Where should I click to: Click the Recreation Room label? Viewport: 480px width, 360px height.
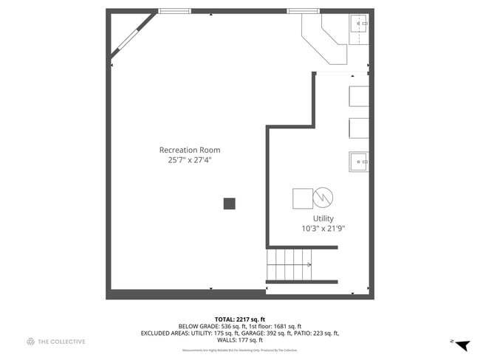(190, 150)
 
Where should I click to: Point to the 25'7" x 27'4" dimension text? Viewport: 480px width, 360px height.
(190, 160)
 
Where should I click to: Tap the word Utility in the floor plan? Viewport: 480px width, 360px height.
(323, 218)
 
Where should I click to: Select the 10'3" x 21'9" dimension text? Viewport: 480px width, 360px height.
(323, 229)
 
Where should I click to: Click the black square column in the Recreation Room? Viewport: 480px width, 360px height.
(230, 204)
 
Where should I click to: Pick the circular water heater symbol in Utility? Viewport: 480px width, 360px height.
(323, 198)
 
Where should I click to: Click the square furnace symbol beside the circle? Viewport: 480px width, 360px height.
(303, 198)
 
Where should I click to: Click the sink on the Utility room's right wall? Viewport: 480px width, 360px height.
(359, 161)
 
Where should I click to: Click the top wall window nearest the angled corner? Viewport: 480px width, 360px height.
(174, 11)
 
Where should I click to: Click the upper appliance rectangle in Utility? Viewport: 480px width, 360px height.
(359, 97)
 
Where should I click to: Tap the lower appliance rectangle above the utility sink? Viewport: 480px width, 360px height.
(359, 128)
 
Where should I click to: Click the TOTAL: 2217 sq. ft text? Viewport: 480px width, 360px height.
(239, 318)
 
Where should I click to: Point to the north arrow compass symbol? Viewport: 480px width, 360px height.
(462, 345)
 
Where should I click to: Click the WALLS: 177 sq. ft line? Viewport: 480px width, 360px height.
(239, 340)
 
